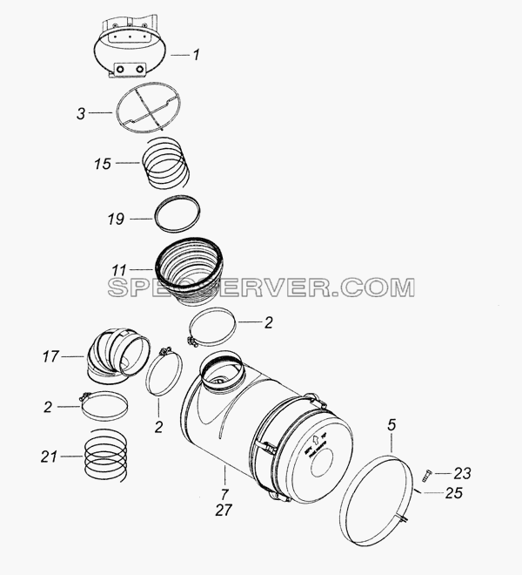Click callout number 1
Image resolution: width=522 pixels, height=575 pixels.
coord(197,55)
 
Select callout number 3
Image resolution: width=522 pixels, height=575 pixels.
coord(81,113)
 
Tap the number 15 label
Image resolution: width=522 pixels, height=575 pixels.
coord(103,164)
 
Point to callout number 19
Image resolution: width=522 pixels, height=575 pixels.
coord(116,219)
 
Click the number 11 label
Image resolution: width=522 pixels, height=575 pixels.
coord(119,270)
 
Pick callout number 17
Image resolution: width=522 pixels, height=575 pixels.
coord(50,356)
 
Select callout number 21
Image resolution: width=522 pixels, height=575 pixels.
coord(50,457)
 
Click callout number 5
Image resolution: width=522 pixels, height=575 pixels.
coord(391,425)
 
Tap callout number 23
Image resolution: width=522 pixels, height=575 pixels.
coord(462,473)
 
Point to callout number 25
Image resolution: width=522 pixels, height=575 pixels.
coord(454,493)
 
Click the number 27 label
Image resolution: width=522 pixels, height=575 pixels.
coord(224,510)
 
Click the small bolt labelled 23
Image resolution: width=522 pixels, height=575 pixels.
coord(427,475)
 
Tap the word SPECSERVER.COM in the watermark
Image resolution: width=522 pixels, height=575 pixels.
coord(261,287)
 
